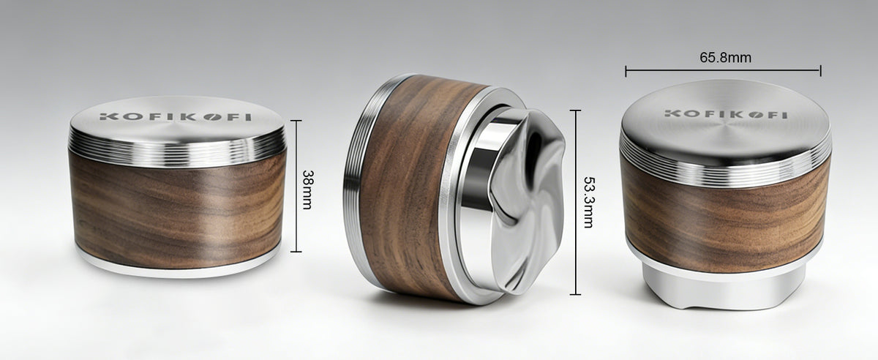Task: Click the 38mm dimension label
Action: [307, 190]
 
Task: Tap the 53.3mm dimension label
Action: [589, 202]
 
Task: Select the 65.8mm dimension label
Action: [726, 58]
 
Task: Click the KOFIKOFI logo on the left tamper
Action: [175, 117]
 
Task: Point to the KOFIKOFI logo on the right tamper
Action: [726, 114]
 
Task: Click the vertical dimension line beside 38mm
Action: [296, 186]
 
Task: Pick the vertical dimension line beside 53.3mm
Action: [575, 203]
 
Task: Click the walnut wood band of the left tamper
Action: [177, 208]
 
